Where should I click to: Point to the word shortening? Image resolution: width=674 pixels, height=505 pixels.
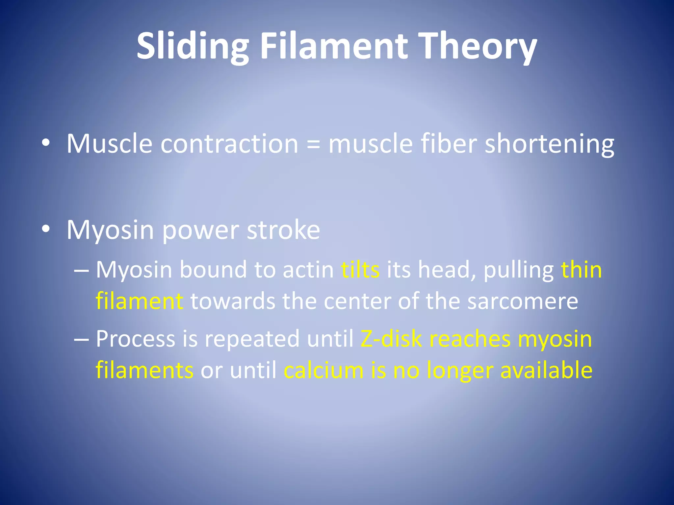click(549, 144)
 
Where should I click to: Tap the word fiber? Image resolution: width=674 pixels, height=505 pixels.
click(449, 143)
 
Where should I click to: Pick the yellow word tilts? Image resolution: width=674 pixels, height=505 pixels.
click(360, 270)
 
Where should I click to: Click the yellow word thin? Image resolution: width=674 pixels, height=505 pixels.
click(581, 270)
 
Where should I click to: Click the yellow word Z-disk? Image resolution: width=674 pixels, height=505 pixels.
click(391, 339)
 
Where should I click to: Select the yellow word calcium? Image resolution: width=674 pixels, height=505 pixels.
click(324, 370)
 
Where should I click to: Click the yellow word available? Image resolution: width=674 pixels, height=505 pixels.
click(546, 370)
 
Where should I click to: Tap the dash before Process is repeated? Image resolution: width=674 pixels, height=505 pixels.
click(81, 339)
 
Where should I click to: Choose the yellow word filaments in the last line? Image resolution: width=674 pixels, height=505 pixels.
click(144, 370)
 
